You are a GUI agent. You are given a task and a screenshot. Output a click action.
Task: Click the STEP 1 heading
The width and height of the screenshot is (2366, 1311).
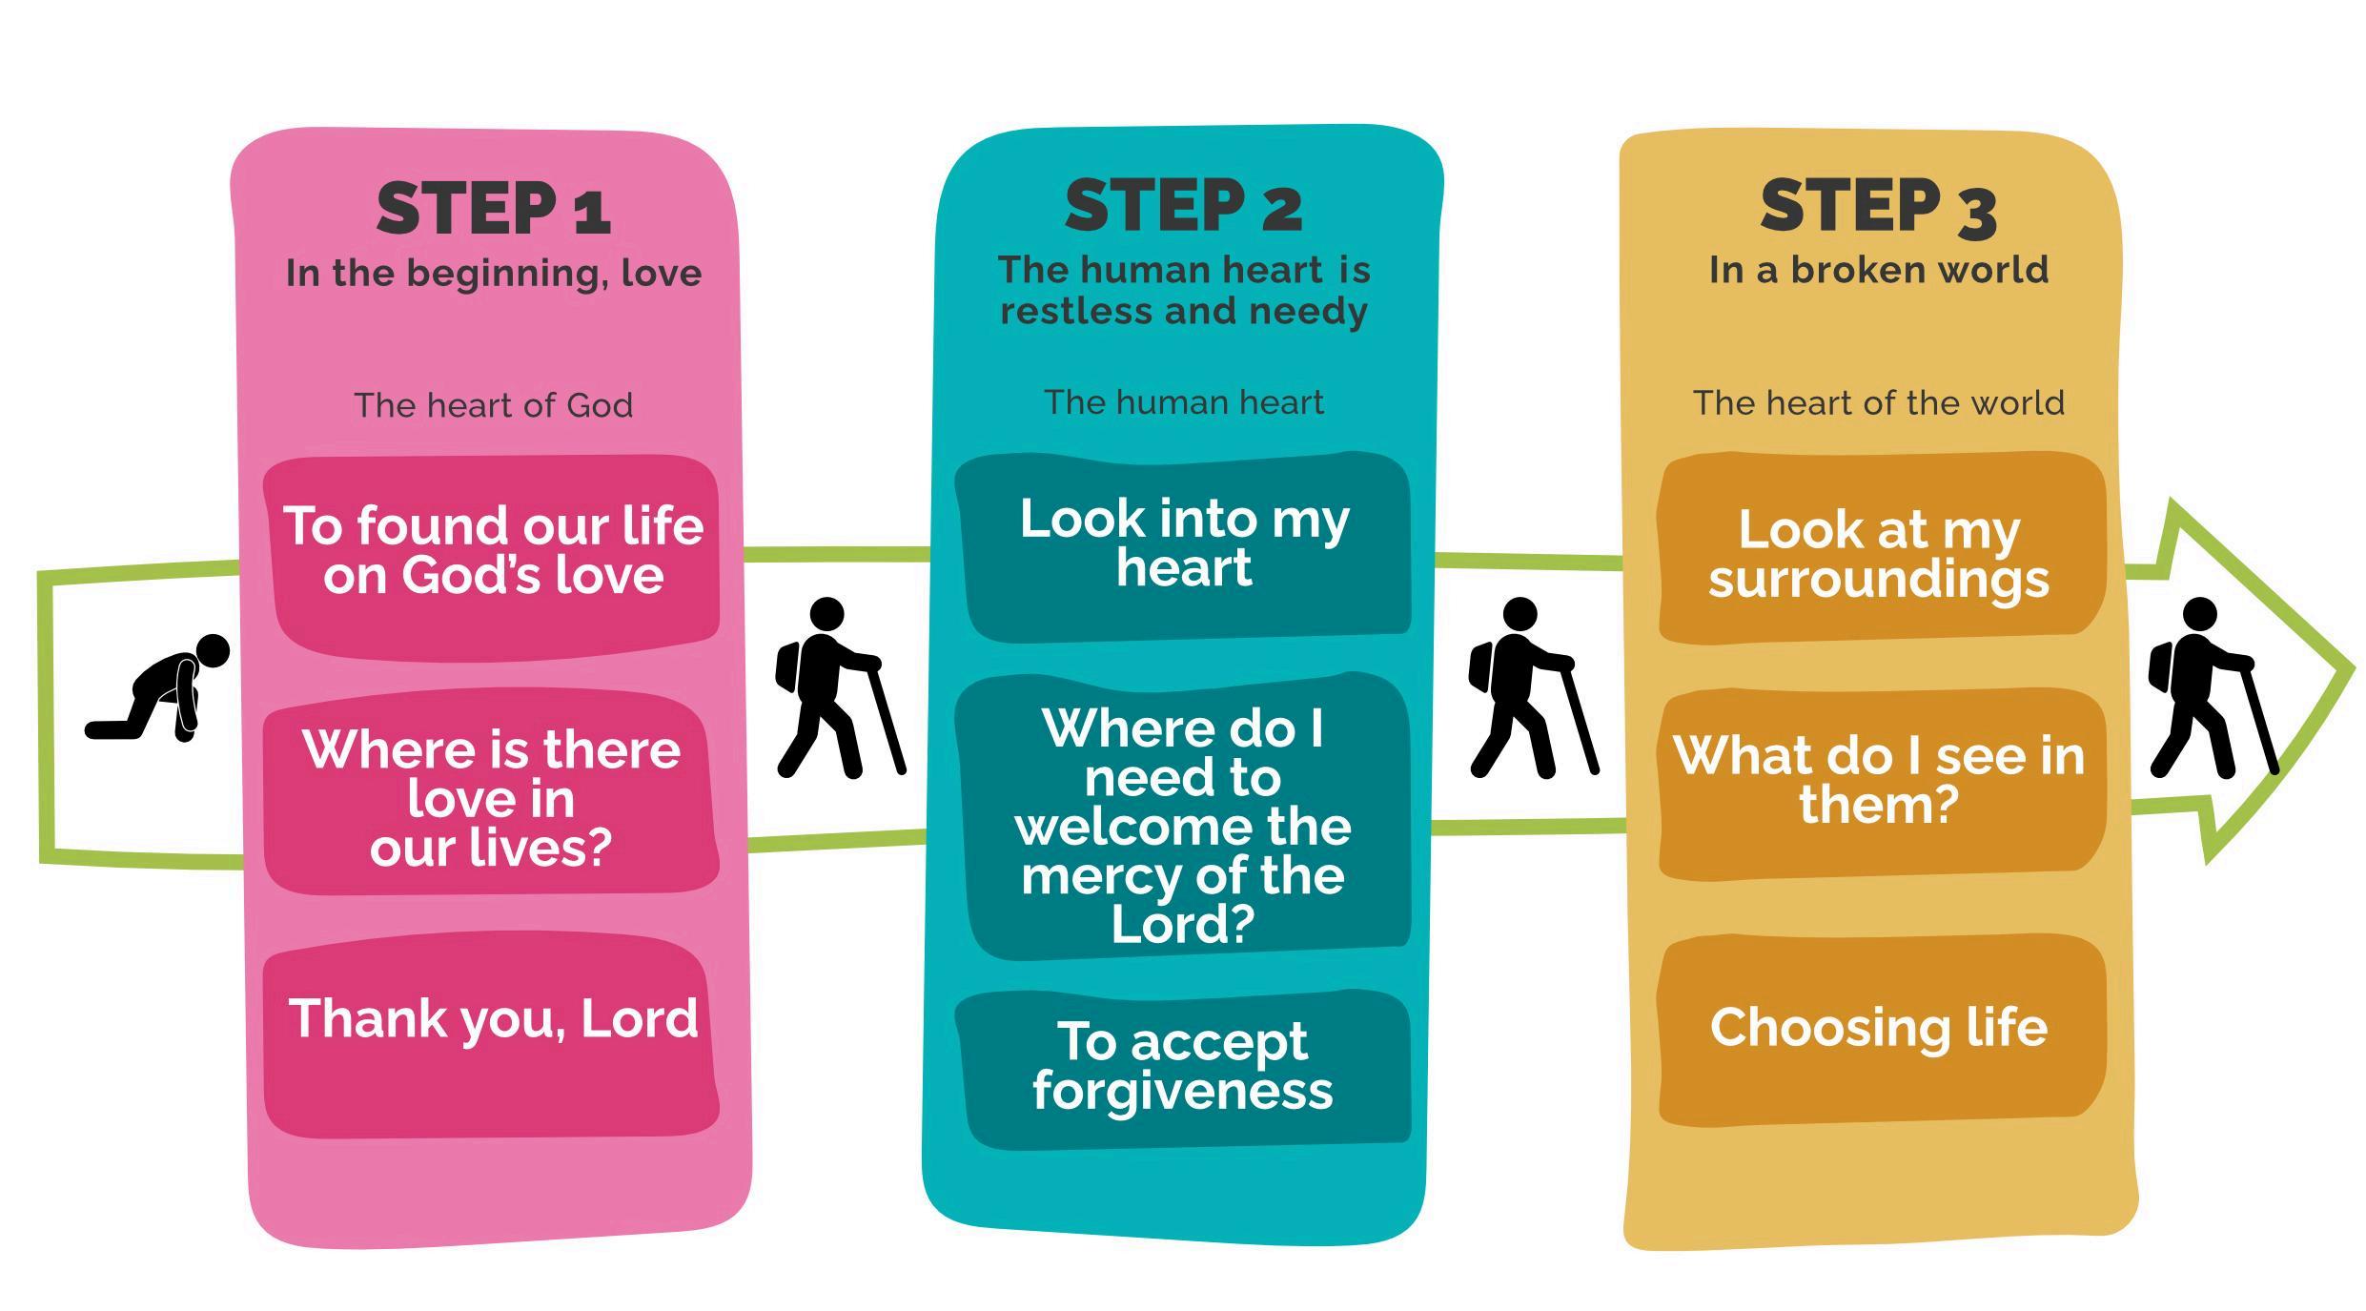click(493, 209)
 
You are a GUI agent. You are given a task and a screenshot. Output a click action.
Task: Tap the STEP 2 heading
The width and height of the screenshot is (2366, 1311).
click(1183, 206)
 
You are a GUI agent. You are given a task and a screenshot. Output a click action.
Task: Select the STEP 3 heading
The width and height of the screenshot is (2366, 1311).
click(1878, 207)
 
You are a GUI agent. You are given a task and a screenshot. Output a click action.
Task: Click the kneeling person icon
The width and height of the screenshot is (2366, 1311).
click(158, 686)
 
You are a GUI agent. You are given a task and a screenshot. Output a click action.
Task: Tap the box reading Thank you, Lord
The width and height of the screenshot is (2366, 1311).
click(492, 1035)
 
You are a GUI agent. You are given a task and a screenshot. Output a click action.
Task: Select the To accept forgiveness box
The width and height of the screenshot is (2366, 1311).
click(1184, 1068)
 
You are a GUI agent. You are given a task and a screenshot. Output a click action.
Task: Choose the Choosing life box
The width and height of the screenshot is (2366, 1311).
click(1880, 1028)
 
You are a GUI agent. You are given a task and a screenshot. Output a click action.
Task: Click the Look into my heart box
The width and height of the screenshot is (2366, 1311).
click(1184, 544)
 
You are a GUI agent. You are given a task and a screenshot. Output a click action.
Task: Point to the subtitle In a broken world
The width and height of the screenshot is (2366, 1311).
click(1878, 270)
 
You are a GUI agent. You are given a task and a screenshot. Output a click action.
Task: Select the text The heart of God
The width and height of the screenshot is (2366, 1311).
click(493, 405)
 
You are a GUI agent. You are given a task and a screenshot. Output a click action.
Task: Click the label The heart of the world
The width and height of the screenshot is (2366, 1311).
click(1878, 403)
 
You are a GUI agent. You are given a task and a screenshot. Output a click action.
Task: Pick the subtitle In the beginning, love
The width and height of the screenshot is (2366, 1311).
click(493, 274)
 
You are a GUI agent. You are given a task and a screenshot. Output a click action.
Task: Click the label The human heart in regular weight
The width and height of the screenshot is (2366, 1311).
click(1183, 402)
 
